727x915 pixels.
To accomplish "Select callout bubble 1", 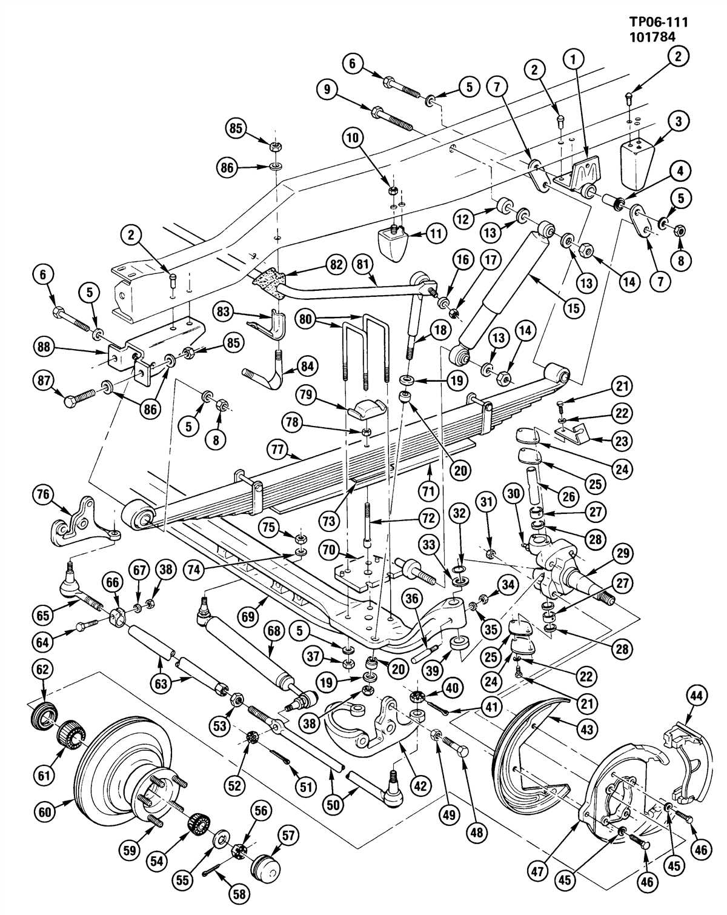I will pyautogui.click(x=573, y=59).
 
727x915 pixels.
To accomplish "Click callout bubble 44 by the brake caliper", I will pyautogui.click(x=697, y=697).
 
